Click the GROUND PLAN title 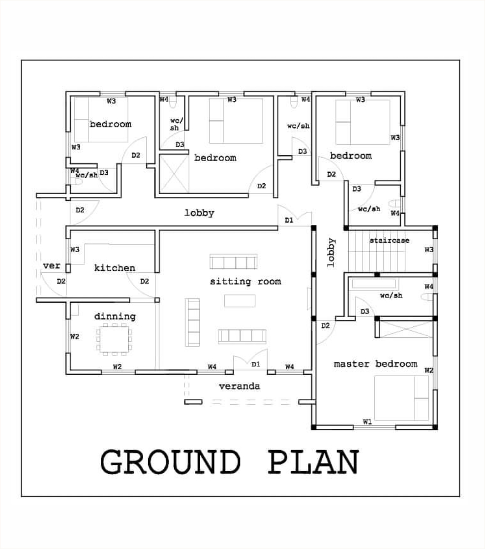tap(230, 462)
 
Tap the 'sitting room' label tap(245, 282)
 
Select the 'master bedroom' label tap(375, 364)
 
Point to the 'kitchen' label tap(115, 268)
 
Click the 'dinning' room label tap(115, 317)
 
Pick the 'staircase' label tap(390, 241)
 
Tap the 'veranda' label tap(240, 386)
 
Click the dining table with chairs tap(115, 339)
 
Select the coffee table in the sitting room tap(240, 301)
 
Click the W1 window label tap(367, 421)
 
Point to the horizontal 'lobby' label tap(199, 213)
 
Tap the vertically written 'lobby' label tap(331, 253)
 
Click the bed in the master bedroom tap(401, 398)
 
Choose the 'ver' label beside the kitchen tap(52, 266)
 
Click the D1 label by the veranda tap(256, 364)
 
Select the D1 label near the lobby tap(289, 220)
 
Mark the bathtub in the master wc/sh tap(374, 284)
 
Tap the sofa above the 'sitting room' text tap(234, 261)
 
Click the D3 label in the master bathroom tap(364, 311)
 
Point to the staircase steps tap(377, 251)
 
